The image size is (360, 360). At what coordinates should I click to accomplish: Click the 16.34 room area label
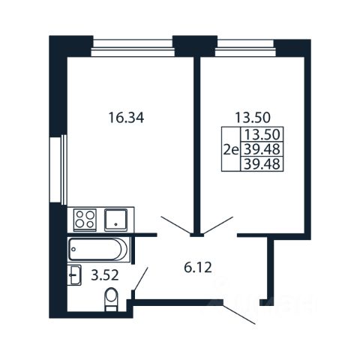pos(126,118)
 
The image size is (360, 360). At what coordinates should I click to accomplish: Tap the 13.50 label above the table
pos(253,118)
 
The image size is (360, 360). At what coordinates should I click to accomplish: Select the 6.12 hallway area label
pos(198,268)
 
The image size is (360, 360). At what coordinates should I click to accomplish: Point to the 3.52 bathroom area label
pos(105,276)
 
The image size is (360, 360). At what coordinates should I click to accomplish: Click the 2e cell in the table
pos(231,151)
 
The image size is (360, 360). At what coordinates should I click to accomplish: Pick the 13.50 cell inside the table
pos(262,134)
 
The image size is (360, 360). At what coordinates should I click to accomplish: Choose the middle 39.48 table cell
pos(262,149)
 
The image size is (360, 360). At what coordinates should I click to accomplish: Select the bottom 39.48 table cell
pos(262,164)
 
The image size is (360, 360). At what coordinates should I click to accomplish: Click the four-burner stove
pos(85,220)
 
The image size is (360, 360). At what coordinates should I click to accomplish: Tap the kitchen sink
pos(115,220)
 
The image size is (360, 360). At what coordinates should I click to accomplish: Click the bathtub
pos(98,250)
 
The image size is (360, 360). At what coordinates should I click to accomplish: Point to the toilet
pos(111,299)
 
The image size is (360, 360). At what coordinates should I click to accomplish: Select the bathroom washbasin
pos(74,275)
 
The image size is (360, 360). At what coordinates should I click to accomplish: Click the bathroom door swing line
pos(141,279)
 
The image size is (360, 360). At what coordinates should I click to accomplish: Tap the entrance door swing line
pos(239,313)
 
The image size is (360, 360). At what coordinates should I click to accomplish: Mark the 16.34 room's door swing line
pos(176,226)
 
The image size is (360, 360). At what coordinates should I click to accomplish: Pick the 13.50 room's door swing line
pos(217,226)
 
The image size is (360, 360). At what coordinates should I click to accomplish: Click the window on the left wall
pos(58,169)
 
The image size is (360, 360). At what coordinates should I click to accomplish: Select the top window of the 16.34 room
pos(133,48)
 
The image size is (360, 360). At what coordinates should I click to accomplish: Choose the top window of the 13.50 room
pos(246,48)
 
